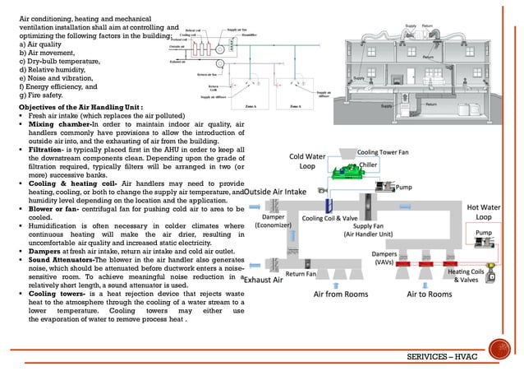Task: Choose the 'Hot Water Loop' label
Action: pos(483,212)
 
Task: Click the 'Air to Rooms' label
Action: pos(429,293)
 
